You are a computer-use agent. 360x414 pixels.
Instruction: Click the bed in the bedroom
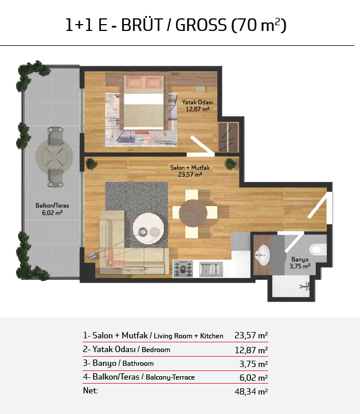(144, 103)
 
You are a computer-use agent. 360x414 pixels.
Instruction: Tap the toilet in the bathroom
(318, 249)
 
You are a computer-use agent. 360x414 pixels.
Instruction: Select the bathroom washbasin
(263, 255)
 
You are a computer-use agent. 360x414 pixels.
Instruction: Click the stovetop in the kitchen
(183, 268)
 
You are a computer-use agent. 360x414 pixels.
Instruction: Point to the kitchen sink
(210, 269)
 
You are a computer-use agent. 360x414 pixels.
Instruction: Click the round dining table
(193, 213)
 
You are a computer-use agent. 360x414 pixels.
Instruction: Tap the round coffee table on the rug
(147, 231)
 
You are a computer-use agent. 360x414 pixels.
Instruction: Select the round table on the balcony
(54, 157)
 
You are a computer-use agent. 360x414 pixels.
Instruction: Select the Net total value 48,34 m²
(251, 391)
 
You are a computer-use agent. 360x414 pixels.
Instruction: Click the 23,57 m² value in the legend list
(251, 335)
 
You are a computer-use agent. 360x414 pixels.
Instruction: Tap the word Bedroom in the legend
(156, 350)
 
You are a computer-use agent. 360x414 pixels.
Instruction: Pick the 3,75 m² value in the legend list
(253, 364)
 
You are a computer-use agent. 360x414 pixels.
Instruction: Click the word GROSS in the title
(201, 25)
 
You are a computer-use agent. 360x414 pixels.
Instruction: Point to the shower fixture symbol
(306, 286)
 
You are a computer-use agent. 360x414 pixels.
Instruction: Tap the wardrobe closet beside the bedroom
(229, 137)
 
